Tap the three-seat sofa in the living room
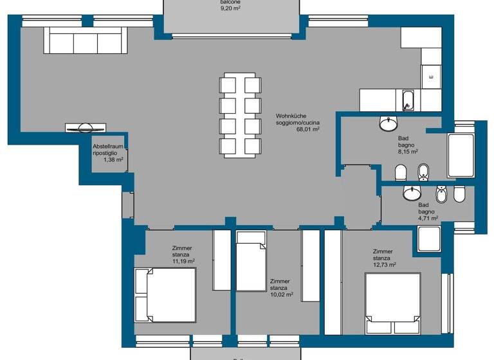point(84,40)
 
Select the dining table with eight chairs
point(240,115)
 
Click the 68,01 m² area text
point(308,129)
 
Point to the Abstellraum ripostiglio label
point(107,150)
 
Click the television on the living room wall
point(84,127)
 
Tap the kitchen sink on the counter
point(408,101)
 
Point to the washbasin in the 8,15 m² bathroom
point(389,122)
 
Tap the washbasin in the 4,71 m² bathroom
point(411,192)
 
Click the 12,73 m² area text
point(384,264)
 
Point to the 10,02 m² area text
point(281,295)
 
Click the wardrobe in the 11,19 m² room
point(221,260)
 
